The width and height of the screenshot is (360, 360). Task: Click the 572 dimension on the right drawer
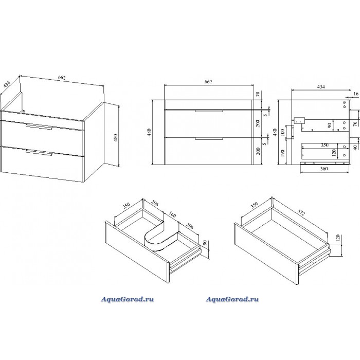point(301,212)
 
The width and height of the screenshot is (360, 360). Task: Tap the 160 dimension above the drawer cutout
point(172,214)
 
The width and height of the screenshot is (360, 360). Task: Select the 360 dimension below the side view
point(323,169)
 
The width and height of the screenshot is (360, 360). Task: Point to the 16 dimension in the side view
point(356,94)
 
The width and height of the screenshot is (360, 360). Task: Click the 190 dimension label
point(283,153)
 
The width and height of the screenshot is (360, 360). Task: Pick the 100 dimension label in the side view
point(283,133)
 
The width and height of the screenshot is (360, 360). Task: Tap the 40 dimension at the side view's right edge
point(355,148)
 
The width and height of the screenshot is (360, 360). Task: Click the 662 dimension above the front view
point(208,82)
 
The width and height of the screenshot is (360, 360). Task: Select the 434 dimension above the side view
point(321,87)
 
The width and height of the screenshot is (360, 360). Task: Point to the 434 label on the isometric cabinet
point(7,84)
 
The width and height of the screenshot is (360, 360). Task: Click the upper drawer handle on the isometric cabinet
point(39,127)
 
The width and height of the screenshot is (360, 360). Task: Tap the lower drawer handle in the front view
point(209,138)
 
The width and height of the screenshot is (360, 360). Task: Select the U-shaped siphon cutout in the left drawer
point(160,239)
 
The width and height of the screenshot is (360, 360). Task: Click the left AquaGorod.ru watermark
point(128,299)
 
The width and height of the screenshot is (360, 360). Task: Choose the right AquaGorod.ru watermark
point(232,299)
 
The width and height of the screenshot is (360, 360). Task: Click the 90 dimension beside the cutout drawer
point(205,243)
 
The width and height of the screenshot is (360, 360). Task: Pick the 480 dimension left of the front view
point(149,133)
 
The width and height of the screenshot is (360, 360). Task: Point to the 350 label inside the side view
point(325,145)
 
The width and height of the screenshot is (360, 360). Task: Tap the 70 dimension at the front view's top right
point(258,94)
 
